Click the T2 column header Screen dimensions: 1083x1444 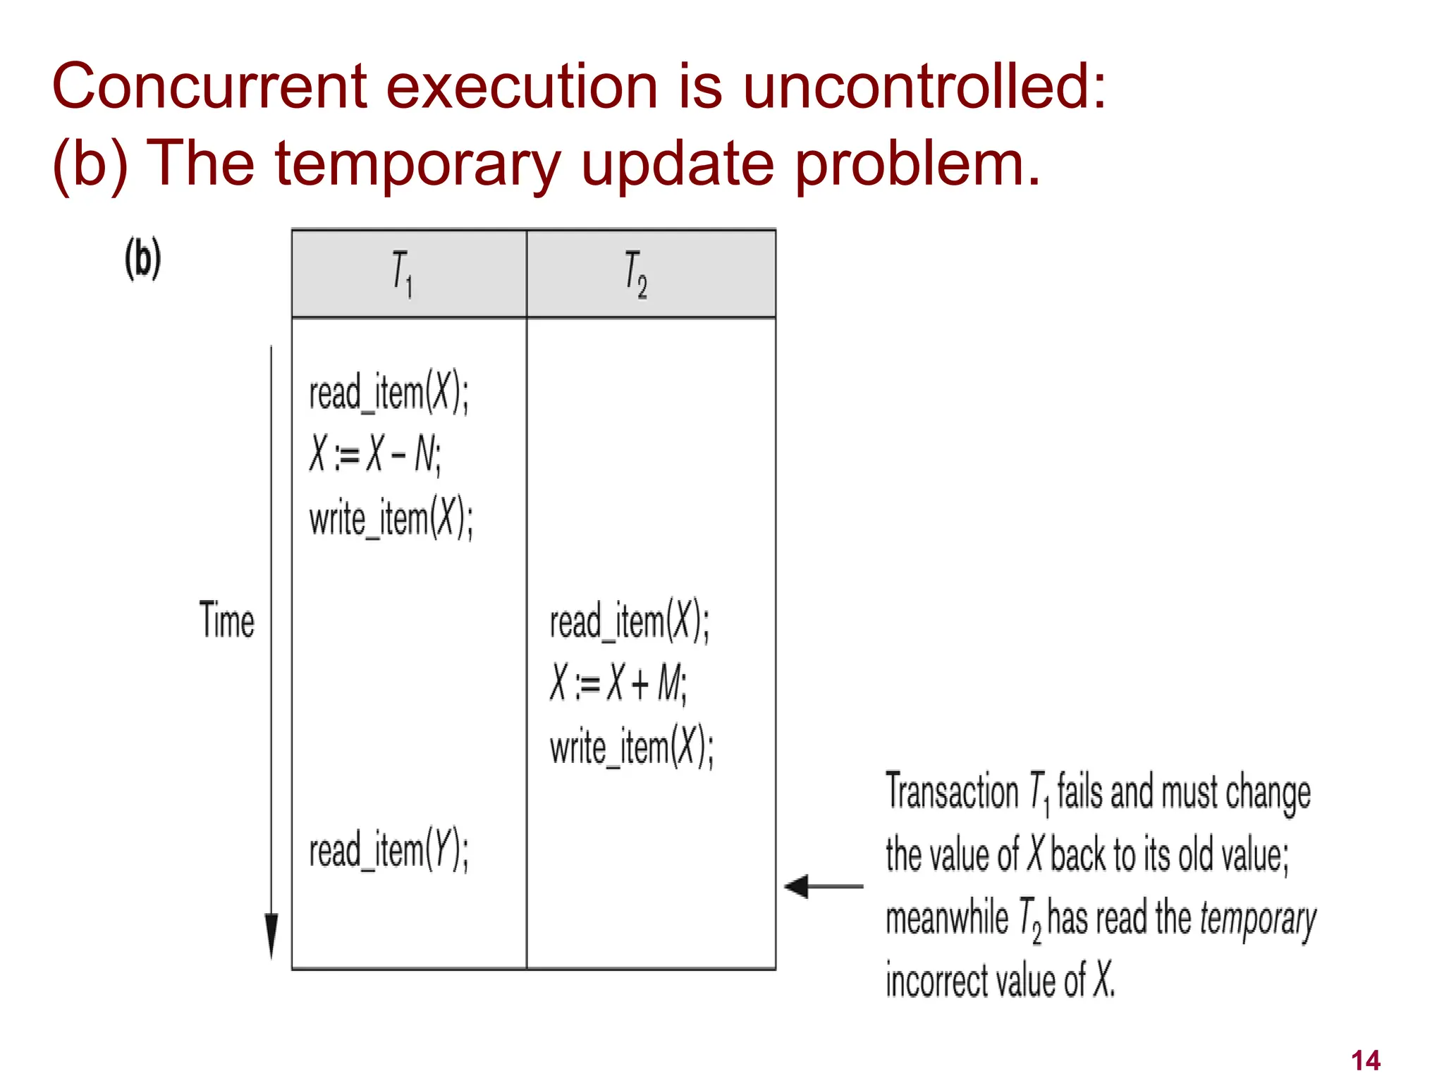[636, 274]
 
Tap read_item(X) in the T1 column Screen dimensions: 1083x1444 [388, 392]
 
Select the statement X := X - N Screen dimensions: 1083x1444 [375, 454]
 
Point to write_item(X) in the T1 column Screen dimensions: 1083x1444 [391, 518]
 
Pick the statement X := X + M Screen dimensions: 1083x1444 [618, 683]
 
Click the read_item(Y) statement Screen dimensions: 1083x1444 [388, 850]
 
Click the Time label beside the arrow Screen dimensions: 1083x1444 [226, 620]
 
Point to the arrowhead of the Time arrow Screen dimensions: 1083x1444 [271, 934]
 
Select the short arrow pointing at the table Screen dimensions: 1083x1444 [822, 886]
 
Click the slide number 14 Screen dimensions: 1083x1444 [1365, 1060]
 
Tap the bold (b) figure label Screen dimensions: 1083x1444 [143, 259]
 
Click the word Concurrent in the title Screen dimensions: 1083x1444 [209, 87]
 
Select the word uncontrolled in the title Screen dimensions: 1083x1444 [924, 87]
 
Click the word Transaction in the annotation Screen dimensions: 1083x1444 [952, 792]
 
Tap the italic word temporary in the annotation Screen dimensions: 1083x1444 [1257, 919]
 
